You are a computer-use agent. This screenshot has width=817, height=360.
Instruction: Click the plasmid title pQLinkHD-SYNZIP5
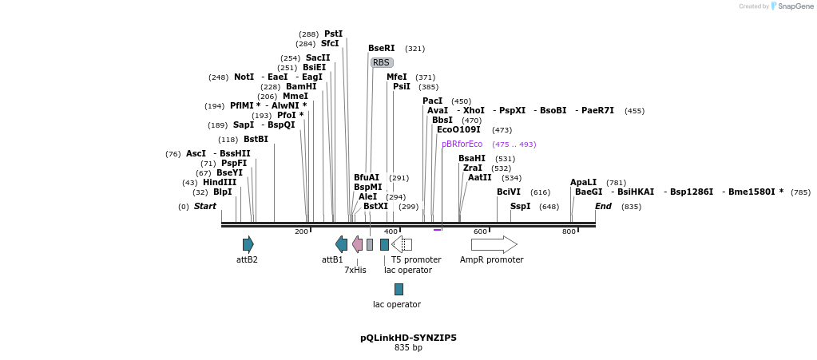tap(408, 338)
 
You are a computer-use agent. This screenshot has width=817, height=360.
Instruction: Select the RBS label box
tap(382, 62)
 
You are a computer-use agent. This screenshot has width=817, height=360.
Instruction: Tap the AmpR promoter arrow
tap(494, 244)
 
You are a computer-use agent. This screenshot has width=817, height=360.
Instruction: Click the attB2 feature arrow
tap(248, 244)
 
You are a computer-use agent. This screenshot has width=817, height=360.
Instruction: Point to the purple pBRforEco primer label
tap(462, 144)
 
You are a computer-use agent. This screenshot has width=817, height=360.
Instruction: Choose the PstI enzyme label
tap(333, 34)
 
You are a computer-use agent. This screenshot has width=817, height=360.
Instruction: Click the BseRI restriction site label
tap(381, 49)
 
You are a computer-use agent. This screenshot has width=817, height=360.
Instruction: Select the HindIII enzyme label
tap(220, 183)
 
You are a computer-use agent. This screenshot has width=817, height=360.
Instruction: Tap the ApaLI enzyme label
tap(583, 183)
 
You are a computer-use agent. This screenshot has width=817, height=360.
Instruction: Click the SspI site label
tap(520, 207)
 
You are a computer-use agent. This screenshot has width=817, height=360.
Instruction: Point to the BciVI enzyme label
tap(508, 192)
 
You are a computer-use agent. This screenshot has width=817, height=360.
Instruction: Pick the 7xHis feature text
tap(355, 271)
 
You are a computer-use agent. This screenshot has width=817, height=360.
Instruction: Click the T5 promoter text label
tap(416, 260)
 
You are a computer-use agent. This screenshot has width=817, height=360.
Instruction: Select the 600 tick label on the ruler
tap(480, 231)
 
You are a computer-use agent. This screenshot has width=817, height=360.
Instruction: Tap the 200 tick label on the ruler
tap(301, 231)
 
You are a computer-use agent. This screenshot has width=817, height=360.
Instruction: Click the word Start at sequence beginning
tap(205, 207)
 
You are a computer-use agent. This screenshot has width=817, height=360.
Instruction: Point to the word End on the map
tap(603, 207)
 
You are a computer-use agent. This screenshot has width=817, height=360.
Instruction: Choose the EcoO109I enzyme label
tap(458, 130)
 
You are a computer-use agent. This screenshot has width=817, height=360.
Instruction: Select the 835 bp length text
tap(408, 348)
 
